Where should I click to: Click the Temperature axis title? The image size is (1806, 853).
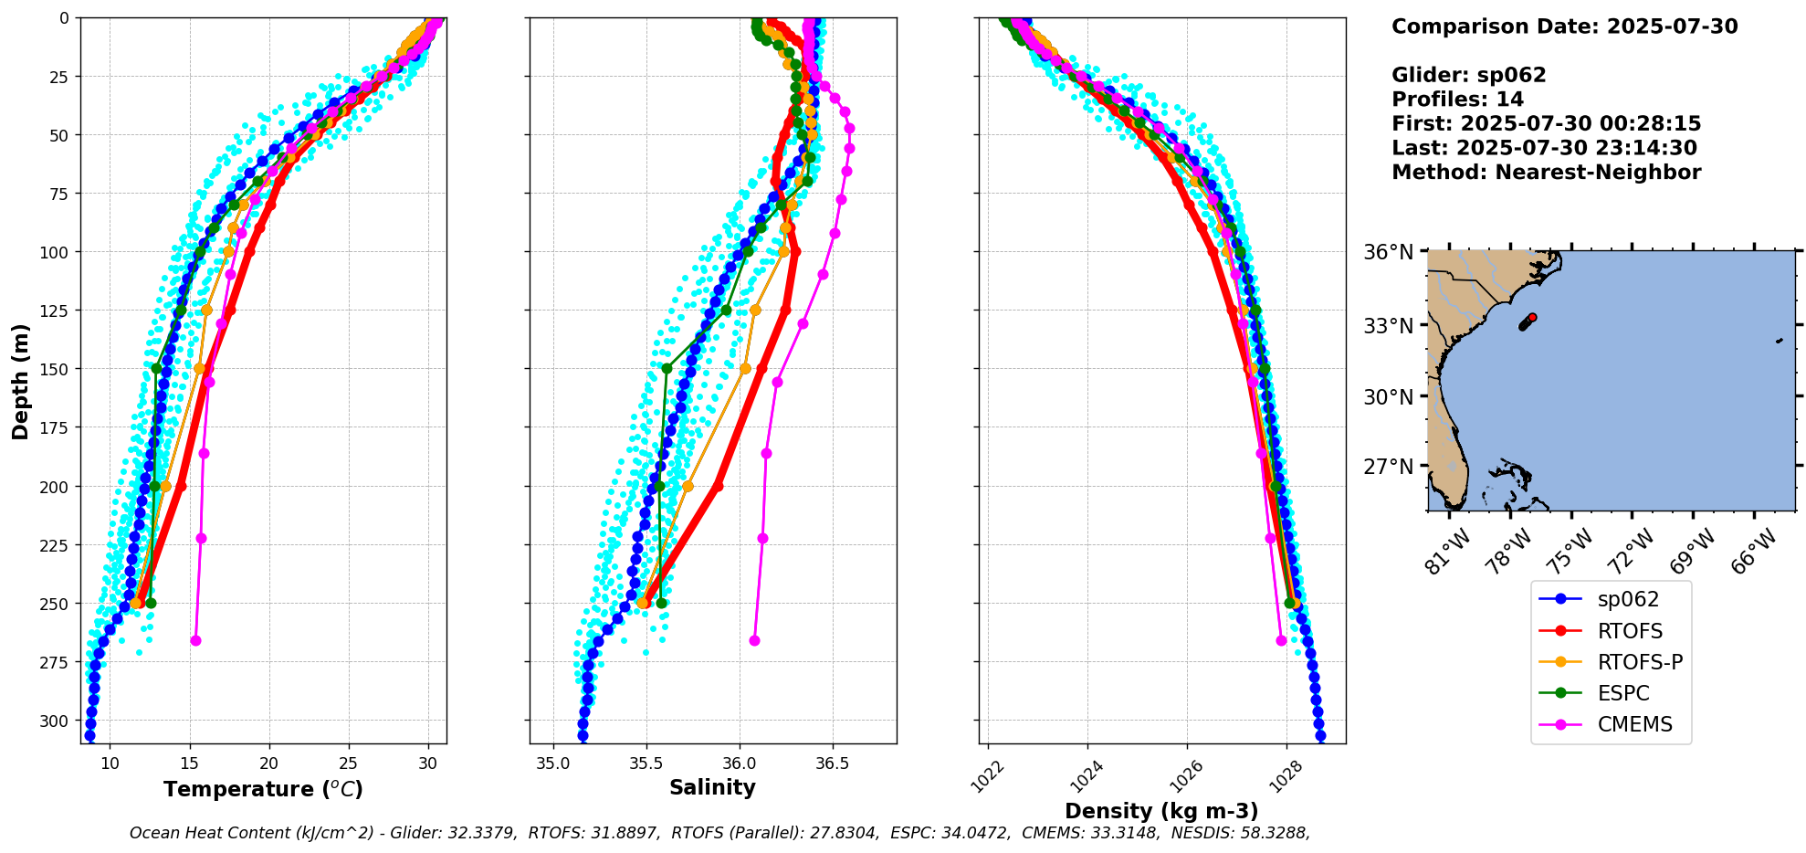pos(263,789)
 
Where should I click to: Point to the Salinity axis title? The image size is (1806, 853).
pos(712,787)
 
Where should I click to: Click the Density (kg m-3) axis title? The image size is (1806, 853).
pos(1161,811)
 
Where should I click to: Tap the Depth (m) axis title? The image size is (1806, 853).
pos(20,381)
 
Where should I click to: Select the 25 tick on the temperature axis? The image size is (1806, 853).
pos(349,763)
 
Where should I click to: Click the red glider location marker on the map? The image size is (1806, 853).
pos(1532,317)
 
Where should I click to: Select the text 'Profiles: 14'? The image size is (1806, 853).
pos(1457,100)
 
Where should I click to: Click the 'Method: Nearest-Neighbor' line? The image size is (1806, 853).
pos(1546,173)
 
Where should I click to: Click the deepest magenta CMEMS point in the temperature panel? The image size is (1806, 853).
pos(195,640)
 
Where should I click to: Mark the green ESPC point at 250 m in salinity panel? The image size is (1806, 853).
pos(661,603)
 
